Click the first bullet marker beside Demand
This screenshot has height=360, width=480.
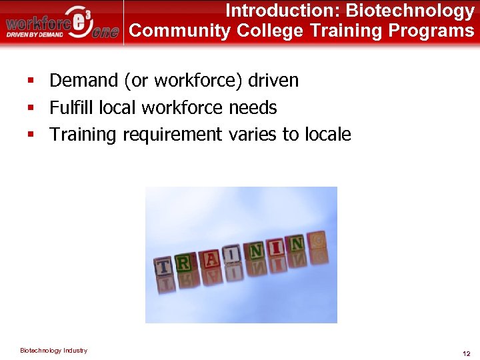click(31, 81)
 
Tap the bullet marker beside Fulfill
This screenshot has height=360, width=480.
click(31, 107)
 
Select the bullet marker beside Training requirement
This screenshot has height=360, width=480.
click(31, 135)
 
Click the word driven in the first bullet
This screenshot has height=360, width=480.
click(273, 81)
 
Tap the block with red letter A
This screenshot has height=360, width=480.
click(210, 258)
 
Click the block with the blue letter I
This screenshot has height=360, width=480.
click(232, 254)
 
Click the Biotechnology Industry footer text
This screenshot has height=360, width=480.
click(53, 351)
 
